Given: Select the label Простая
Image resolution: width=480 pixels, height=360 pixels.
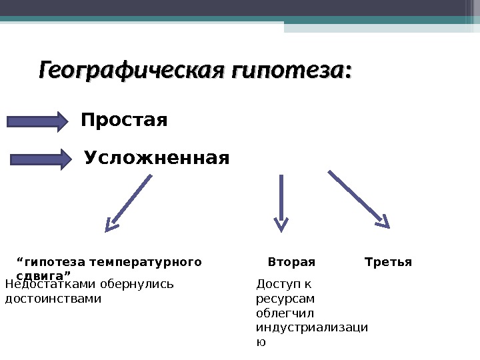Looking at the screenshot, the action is [124, 121].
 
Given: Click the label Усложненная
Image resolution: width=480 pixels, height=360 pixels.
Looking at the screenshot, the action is [157, 159].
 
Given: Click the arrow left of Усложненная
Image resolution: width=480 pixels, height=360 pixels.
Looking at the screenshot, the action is [41, 159].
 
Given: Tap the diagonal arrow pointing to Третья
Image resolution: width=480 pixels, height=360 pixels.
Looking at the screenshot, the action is [359, 199].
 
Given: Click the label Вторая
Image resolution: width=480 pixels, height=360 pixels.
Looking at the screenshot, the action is [291, 262].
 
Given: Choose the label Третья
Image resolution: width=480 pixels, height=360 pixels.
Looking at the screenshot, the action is [389, 262].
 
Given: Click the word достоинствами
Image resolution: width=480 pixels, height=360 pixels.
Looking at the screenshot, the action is [53, 299].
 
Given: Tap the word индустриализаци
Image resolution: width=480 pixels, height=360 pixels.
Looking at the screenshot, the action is [312, 327].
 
